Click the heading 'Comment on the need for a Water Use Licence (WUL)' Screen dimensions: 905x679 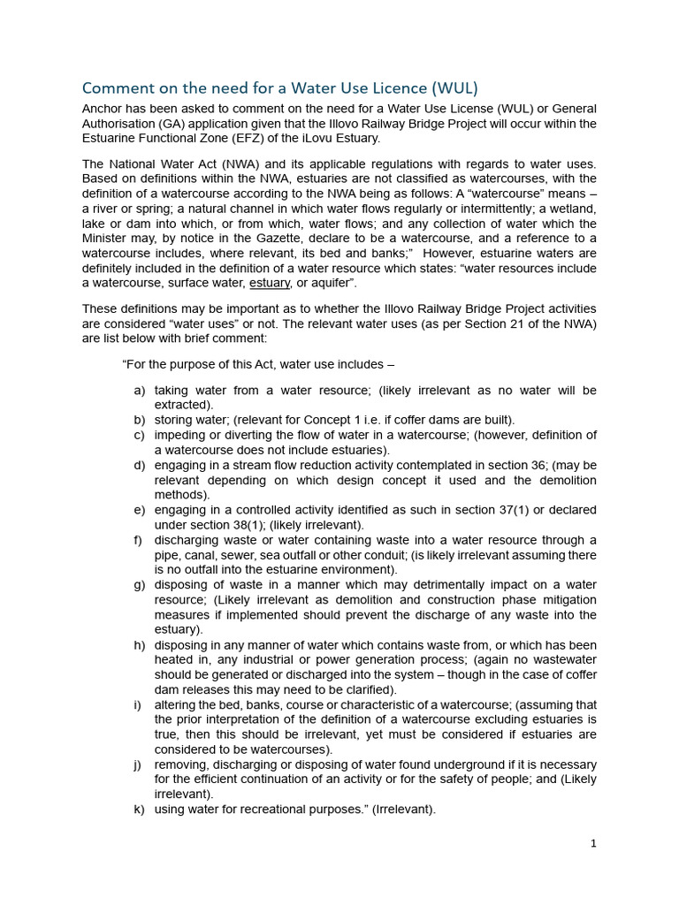coord(279,88)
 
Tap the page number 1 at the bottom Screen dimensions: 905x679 coord(593,843)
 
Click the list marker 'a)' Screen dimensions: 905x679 coord(140,391)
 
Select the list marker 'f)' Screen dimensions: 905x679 coord(140,541)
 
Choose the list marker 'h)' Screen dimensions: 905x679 coord(140,646)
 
